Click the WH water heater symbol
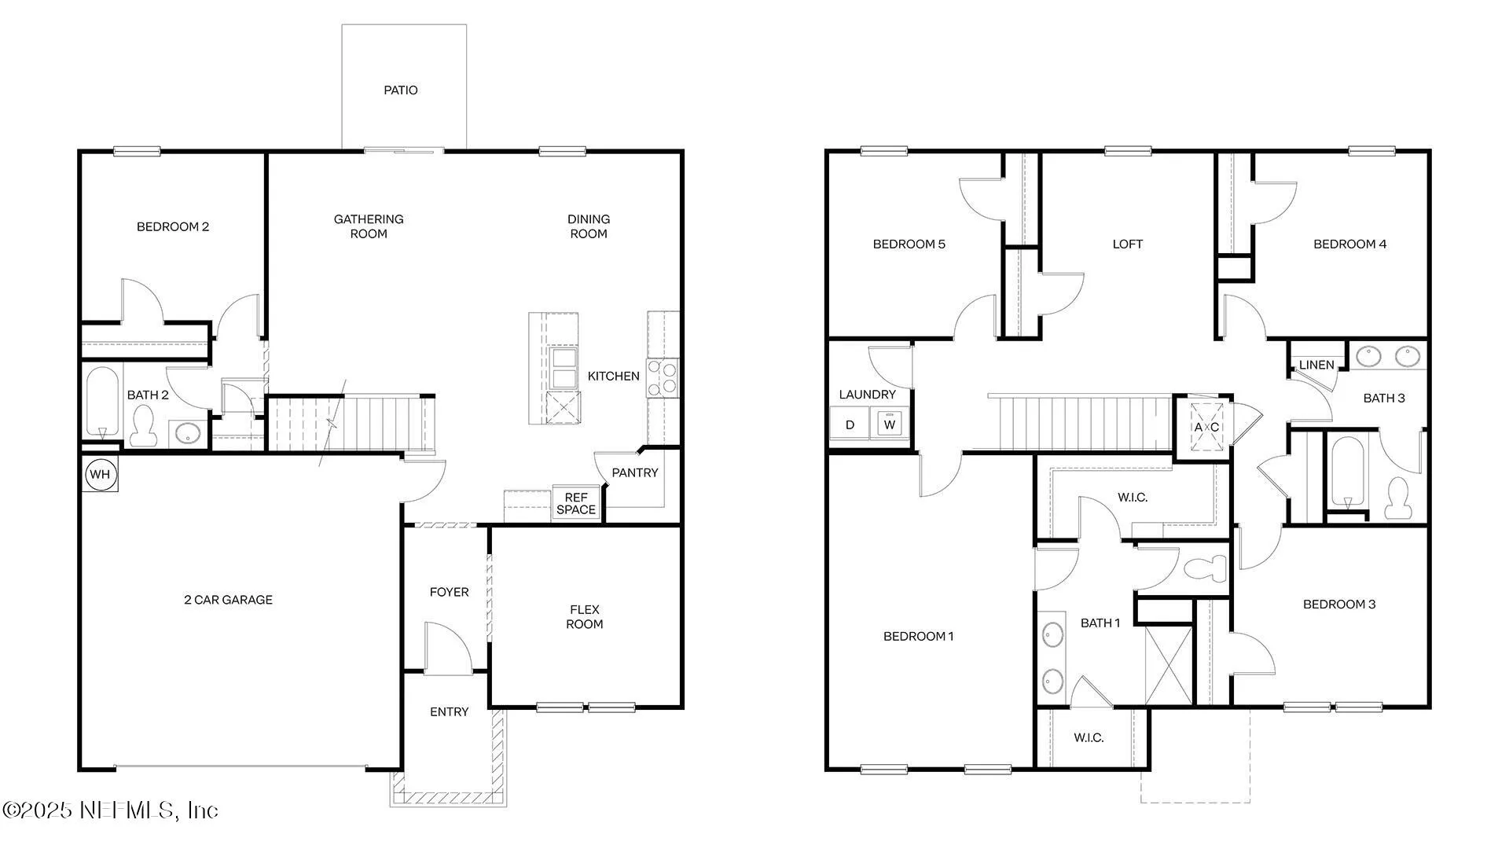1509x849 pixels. [x=100, y=474]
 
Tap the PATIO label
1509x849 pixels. [x=401, y=90]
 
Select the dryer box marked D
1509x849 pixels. [x=850, y=424]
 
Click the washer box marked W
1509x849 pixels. [x=890, y=424]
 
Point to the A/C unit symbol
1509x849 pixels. [x=1206, y=427]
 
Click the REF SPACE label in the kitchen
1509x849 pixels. [x=576, y=503]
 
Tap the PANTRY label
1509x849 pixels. [x=635, y=472]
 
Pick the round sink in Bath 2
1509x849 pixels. [x=188, y=433]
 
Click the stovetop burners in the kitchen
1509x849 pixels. [x=663, y=377]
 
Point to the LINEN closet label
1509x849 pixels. [x=1316, y=365]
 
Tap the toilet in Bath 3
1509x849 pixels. [x=1397, y=497]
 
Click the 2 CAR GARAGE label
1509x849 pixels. [x=228, y=600]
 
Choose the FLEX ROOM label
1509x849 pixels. [x=585, y=616]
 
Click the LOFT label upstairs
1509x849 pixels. [x=1127, y=244]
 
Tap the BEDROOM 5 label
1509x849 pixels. [x=909, y=244]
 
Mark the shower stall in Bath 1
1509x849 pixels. [x=1169, y=664]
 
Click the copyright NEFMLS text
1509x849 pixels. [x=110, y=810]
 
